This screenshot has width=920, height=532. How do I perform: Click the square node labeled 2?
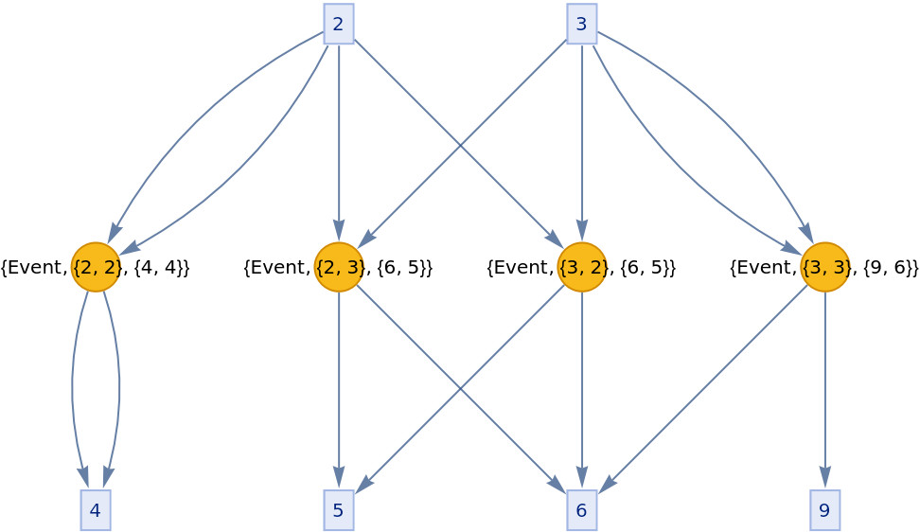click(x=339, y=24)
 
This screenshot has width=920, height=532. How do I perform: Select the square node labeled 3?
click(x=582, y=24)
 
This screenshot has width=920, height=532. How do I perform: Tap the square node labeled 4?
click(x=96, y=510)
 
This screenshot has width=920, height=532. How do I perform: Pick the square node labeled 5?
click(x=339, y=510)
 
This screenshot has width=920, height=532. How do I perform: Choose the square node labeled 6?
click(x=582, y=510)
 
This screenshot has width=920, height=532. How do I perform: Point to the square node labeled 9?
click(x=824, y=510)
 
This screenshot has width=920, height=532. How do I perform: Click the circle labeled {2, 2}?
click(x=96, y=267)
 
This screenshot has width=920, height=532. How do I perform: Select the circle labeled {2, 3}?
click(x=339, y=267)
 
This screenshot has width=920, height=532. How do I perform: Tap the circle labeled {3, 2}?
click(x=582, y=267)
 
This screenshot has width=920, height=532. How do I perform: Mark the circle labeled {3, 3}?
click(x=824, y=267)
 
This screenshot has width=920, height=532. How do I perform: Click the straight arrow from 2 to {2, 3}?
click(x=339, y=142)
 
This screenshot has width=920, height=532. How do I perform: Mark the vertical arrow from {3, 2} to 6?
click(x=582, y=398)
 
